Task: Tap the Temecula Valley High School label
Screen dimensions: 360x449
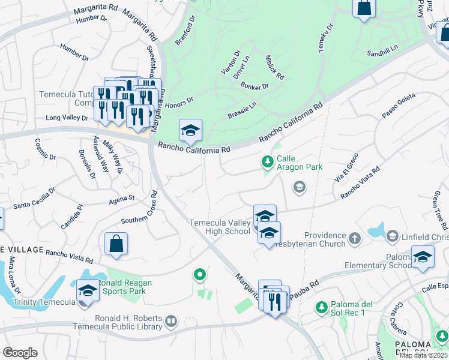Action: [x=220, y=227]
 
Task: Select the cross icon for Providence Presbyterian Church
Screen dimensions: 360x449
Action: [x=355, y=239]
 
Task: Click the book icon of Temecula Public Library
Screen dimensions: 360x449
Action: [x=171, y=322]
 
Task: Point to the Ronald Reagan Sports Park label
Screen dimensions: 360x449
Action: [x=124, y=287]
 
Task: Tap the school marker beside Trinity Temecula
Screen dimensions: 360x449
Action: [x=88, y=291]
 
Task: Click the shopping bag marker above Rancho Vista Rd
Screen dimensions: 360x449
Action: [x=116, y=245]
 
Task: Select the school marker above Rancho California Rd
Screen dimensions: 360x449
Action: [x=190, y=131]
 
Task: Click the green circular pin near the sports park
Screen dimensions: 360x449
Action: [x=199, y=275]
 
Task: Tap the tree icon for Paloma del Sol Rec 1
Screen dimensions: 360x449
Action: [x=322, y=308]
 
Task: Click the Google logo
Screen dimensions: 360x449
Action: [x=20, y=353]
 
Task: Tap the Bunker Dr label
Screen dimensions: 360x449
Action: [x=255, y=86]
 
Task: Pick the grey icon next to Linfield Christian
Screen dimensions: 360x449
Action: [x=393, y=235]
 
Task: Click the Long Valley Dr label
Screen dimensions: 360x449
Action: [x=67, y=118]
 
